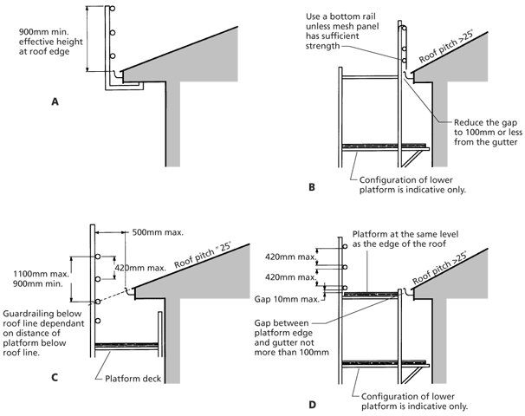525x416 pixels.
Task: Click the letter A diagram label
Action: [55, 101]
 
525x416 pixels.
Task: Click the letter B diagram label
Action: [312, 187]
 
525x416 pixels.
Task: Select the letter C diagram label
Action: [55, 378]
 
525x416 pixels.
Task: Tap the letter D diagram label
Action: [312, 405]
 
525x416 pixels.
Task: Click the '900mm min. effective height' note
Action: [50, 42]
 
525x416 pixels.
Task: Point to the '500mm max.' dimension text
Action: [158, 232]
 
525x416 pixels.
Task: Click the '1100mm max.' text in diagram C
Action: [42, 274]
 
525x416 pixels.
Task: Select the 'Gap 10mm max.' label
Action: [287, 299]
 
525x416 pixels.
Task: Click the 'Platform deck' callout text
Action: [133, 379]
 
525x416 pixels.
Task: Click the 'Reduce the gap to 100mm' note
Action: [488, 133]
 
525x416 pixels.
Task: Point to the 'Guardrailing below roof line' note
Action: [43, 333]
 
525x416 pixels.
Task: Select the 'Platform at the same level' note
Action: [405, 239]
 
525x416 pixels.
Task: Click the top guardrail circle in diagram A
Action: [113, 8]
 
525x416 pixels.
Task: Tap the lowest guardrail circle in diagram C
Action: [98, 321]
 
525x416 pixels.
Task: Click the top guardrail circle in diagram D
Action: [345, 246]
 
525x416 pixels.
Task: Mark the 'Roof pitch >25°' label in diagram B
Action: [446, 46]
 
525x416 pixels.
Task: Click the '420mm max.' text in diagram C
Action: [140, 268]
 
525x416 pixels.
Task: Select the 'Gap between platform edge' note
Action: [292, 338]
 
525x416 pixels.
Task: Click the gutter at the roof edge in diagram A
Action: [117, 75]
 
